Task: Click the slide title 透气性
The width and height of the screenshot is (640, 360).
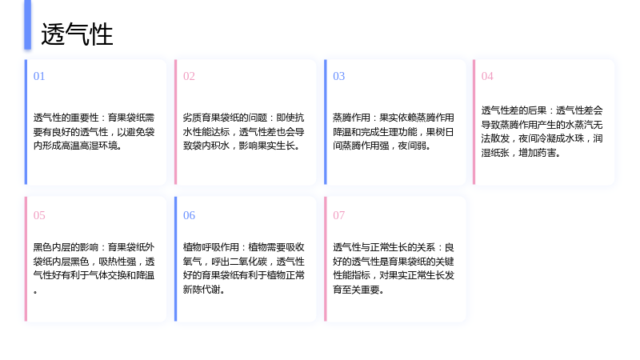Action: coord(77,34)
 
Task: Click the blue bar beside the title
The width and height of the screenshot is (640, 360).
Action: coord(27,25)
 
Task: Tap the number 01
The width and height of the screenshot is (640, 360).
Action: coord(39,76)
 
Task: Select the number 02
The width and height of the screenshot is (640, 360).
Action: coord(189,76)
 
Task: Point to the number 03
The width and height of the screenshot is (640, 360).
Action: coord(338,76)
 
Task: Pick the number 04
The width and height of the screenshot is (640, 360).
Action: coord(487,76)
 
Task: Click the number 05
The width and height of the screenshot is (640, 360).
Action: coord(39,215)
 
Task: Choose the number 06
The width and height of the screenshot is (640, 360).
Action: coord(189,215)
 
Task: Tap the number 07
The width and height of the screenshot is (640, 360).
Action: coord(338,215)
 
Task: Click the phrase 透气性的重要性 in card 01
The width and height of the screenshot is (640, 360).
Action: coord(66,118)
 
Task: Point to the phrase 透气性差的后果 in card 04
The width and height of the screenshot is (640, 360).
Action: coord(514,110)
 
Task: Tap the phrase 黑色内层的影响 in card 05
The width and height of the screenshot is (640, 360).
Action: coord(66,247)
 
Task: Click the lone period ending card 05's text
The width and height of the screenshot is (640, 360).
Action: coord(35,292)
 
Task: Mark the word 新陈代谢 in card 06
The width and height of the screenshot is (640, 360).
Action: coord(202,290)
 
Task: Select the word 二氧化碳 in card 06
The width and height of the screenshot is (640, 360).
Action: coord(249,262)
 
